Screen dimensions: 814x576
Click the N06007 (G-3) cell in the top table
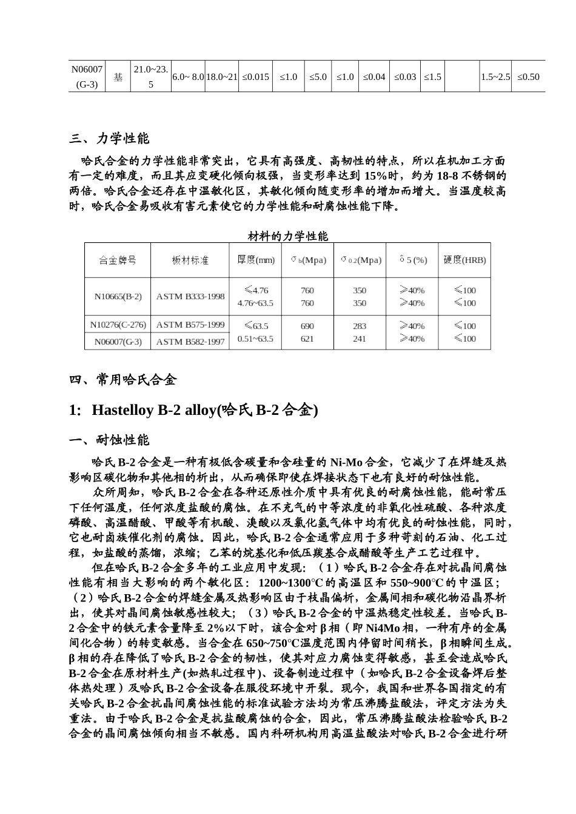pyautogui.click(x=87, y=76)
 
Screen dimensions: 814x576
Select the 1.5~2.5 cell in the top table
pyautogui.click(x=495, y=77)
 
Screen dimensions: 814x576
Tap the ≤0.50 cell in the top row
pyautogui.click(x=527, y=77)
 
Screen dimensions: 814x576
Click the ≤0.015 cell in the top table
pyautogui.click(x=255, y=77)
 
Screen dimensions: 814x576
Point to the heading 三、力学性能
pyautogui.click(x=109, y=139)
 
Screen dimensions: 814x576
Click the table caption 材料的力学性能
pyautogui.click(x=288, y=236)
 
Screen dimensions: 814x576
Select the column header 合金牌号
pyautogui.click(x=118, y=260)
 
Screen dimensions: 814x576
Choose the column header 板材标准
pyautogui.click(x=190, y=260)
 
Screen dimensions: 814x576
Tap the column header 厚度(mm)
pyautogui.click(x=255, y=260)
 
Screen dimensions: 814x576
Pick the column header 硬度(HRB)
pyautogui.click(x=464, y=260)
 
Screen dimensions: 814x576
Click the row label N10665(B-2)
pyautogui.click(x=118, y=297)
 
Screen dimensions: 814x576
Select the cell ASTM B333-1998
pyautogui.click(x=190, y=297)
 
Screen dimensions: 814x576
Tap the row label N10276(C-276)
pyautogui.click(x=118, y=325)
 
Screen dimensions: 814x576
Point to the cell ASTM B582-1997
pyautogui.click(x=190, y=342)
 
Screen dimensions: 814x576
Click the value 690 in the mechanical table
pyautogui.click(x=307, y=326)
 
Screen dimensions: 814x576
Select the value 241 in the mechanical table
pyautogui.click(x=360, y=339)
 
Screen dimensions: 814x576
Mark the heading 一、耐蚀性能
pyautogui.click(x=109, y=440)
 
